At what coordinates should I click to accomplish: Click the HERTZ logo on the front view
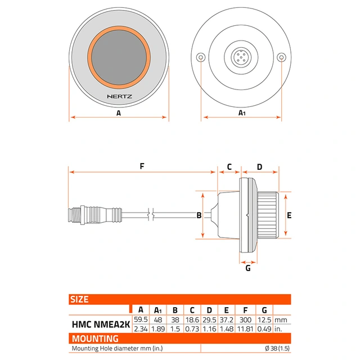tap(120, 96)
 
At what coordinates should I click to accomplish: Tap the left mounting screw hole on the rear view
tap(201, 57)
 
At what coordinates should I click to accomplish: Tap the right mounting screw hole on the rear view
tap(281, 57)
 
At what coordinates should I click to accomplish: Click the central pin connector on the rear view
tap(241, 57)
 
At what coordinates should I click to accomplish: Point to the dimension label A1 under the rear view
tap(242, 112)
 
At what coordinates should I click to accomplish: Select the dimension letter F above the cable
tap(142, 166)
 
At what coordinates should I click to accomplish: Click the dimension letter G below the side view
tap(248, 268)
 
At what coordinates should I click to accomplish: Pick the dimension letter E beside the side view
tap(289, 215)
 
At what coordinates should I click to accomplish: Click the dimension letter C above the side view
tap(229, 167)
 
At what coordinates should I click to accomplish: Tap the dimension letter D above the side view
tap(259, 167)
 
